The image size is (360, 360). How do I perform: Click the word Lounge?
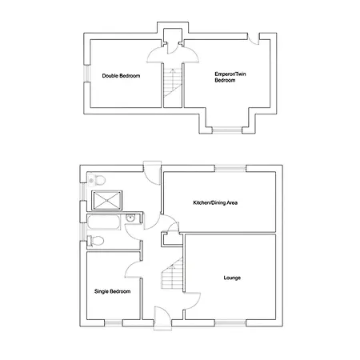click(232, 278)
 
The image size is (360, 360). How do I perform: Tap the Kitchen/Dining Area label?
click(215, 202)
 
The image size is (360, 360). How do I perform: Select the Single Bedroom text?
click(112, 291)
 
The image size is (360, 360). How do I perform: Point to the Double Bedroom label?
click(121, 76)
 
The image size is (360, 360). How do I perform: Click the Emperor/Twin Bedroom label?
click(230, 77)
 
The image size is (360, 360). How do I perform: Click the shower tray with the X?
click(106, 201)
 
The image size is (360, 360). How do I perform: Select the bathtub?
click(104, 222)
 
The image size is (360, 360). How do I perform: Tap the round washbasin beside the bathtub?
click(130, 218)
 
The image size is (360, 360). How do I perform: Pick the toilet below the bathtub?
click(96, 241)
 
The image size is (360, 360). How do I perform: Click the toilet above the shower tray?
click(97, 181)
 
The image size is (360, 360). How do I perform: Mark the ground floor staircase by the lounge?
click(172, 274)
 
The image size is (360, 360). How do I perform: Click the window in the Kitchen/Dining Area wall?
click(230, 169)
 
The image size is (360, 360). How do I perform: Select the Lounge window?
click(230, 323)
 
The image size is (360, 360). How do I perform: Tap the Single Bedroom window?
click(114, 323)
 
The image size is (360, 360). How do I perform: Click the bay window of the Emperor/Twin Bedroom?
click(227, 130)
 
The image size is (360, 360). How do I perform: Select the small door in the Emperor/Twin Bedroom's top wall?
click(254, 40)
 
